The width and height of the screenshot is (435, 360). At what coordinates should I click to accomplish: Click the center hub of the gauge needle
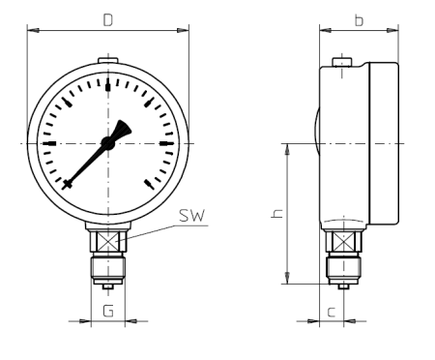(107, 143)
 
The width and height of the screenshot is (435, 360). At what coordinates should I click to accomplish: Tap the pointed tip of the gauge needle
(66, 185)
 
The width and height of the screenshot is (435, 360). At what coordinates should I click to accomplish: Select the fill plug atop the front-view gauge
(107, 64)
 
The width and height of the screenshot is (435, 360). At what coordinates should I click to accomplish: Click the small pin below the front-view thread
(107, 285)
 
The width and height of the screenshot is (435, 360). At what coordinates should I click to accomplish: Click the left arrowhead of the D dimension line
(32, 31)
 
